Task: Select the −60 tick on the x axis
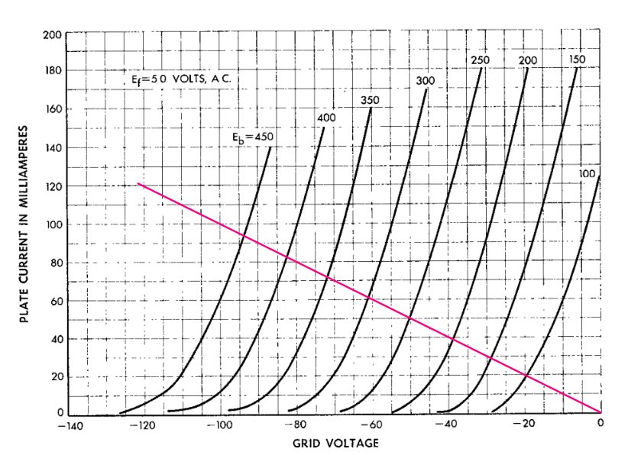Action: tap(371, 425)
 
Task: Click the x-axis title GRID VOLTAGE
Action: tap(334, 443)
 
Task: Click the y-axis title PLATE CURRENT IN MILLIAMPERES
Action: tap(24, 223)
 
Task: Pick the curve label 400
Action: tap(326, 117)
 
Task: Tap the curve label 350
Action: tap(371, 101)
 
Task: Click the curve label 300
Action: tap(426, 81)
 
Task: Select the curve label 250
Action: tap(480, 60)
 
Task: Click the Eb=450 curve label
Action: tap(253, 137)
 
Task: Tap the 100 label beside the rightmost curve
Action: tap(588, 174)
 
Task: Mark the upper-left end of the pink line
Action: tap(138, 184)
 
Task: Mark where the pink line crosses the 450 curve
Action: tap(244, 235)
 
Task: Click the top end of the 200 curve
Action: tap(528, 69)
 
